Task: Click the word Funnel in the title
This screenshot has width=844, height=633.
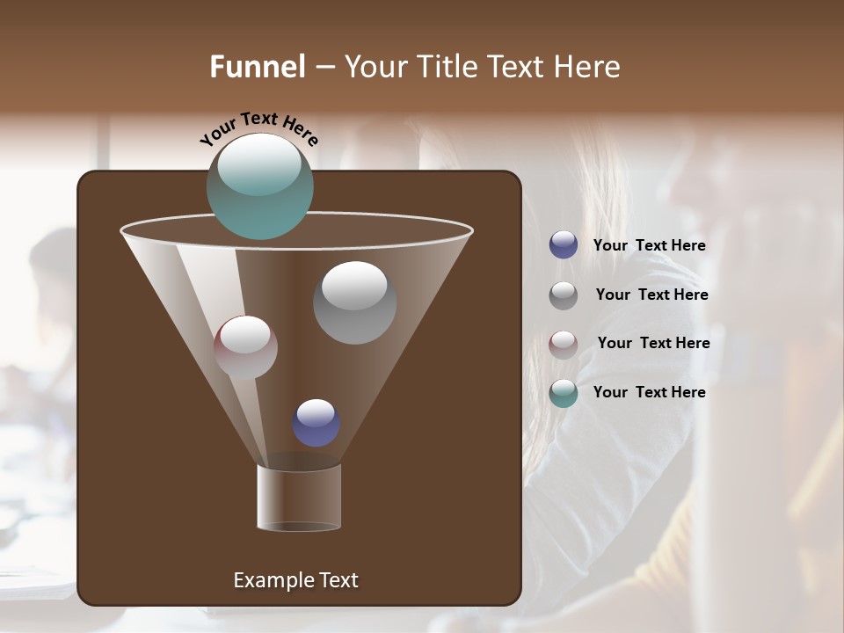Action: pos(257,67)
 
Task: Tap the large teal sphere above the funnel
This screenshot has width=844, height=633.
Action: pos(260,186)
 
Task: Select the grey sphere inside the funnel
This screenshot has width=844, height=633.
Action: pos(354,302)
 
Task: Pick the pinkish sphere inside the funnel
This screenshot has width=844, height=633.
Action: pos(245,347)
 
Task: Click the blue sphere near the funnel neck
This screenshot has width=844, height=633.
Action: pos(316,423)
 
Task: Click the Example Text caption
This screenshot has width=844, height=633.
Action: pos(295,580)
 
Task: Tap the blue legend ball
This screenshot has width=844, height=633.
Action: pos(564,245)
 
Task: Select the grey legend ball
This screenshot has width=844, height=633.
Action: pos(564,295)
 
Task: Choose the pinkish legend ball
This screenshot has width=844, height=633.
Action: pos(564,345)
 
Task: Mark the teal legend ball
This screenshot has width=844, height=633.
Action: pos(564,393)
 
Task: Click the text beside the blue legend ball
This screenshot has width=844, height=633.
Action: pos(649,246)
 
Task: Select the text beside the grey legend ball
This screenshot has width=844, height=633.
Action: pos(651,295)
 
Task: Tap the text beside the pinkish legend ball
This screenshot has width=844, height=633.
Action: pos(653,344)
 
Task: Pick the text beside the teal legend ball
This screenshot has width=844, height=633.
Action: pos(649,392)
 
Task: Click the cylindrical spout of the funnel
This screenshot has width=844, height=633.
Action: pos(299,498)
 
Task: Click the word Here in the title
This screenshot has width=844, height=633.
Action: pos(588,67)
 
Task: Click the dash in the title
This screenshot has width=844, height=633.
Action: pos(324,67)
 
